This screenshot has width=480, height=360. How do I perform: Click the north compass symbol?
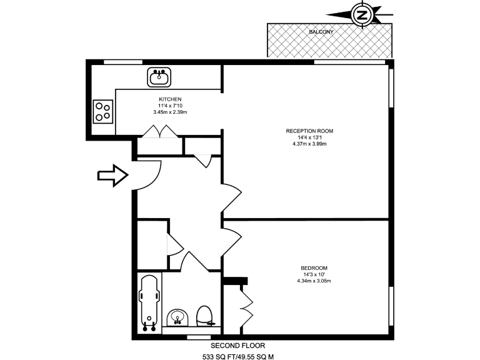point(361,14)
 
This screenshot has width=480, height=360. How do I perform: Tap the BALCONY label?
point(321,32)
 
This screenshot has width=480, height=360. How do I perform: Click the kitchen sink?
point(159,77)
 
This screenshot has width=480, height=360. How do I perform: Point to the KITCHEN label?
point(170,99)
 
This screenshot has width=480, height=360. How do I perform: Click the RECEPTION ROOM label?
point(309,131)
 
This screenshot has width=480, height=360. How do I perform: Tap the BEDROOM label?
point(314,268)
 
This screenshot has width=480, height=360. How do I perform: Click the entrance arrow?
point(112,176)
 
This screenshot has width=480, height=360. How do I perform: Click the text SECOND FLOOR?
point(238,345)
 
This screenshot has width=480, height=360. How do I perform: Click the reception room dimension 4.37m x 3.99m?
point(309,144)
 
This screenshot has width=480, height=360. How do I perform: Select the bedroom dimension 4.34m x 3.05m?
point(314,281)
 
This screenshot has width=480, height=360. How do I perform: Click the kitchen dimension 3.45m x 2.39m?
point(170,112)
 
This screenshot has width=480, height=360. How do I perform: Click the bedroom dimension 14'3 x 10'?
point(314,274)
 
